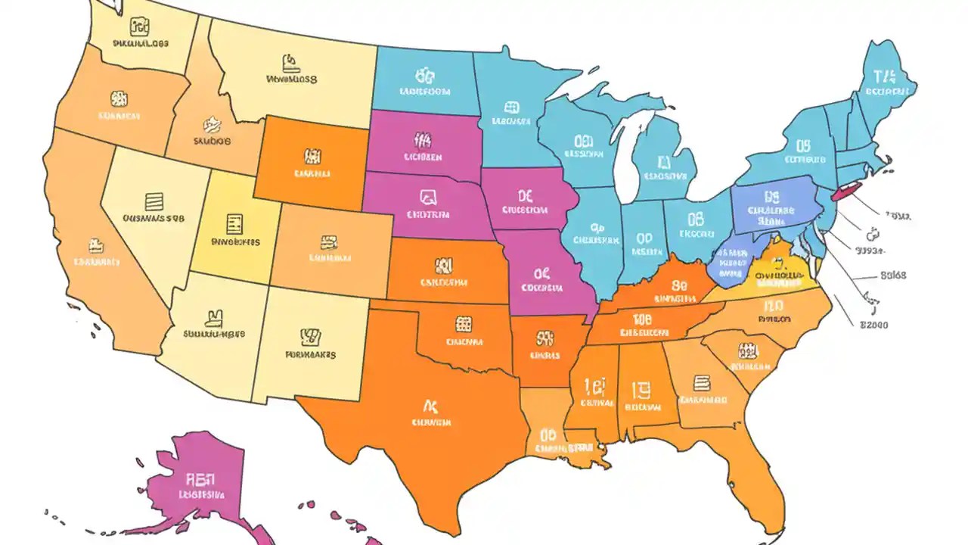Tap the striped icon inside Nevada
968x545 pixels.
154,201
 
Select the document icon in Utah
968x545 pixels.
234,223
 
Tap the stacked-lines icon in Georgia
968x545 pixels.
701,382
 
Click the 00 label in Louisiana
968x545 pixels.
548,435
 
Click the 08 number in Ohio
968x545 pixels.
696,220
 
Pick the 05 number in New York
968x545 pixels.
802,145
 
